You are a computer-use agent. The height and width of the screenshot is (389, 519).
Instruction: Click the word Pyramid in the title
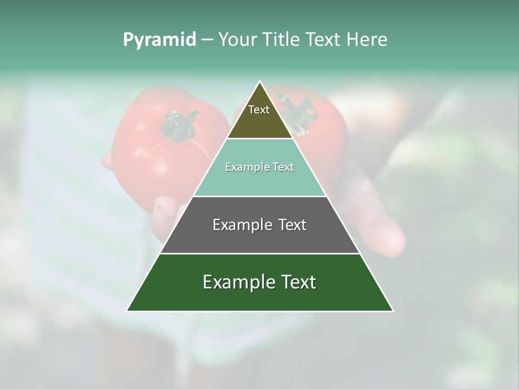click(x=159, y=40)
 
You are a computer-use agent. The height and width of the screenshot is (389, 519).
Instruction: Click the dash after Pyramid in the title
click(x=207, y=40)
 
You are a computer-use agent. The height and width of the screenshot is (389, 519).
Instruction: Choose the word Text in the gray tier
click(x=292, y=225)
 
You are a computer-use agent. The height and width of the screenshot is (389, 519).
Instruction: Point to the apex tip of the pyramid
click(x=260, y=82)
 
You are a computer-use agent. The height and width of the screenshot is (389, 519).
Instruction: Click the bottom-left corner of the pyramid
click(x=128, y=311)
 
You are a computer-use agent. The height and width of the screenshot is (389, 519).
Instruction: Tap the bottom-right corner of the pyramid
click(x=392, y=311)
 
